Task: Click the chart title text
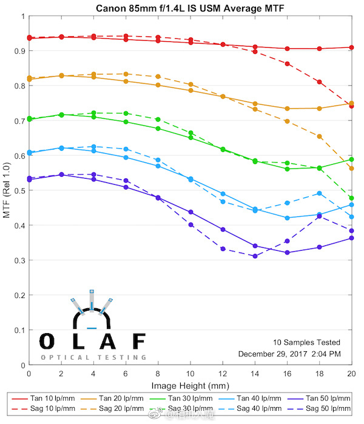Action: pyautogui.click(x=190, y=8)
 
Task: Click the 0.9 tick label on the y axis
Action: pyautogui.click(x=21, y=51)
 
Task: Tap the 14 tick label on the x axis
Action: pyautogui.click(x=255, y=373)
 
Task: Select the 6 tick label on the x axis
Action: pyautogui.click(x=126, y=373)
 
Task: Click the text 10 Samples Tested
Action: pyautogui.click(x=306, y=342)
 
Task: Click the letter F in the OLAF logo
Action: pyautogui.click(x=139, y=342)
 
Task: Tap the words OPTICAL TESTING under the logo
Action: pyautogui.click(x=93, y=357)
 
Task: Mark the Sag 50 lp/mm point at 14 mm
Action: pyautogui.click(x=255, y=256)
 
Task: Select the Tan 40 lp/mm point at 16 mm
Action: pyautogui.click(x=287, y=218)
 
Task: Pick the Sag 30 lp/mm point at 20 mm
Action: pyautogui.click(x=351, y=198)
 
